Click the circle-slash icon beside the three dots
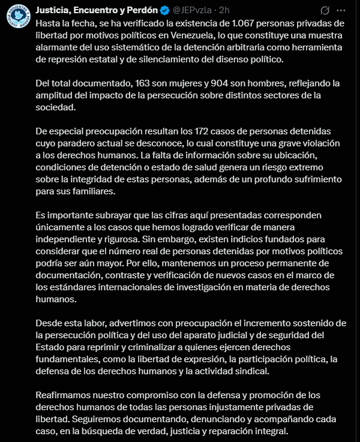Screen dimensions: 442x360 click(325, 11)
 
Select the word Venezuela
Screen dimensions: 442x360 click(175, 35)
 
